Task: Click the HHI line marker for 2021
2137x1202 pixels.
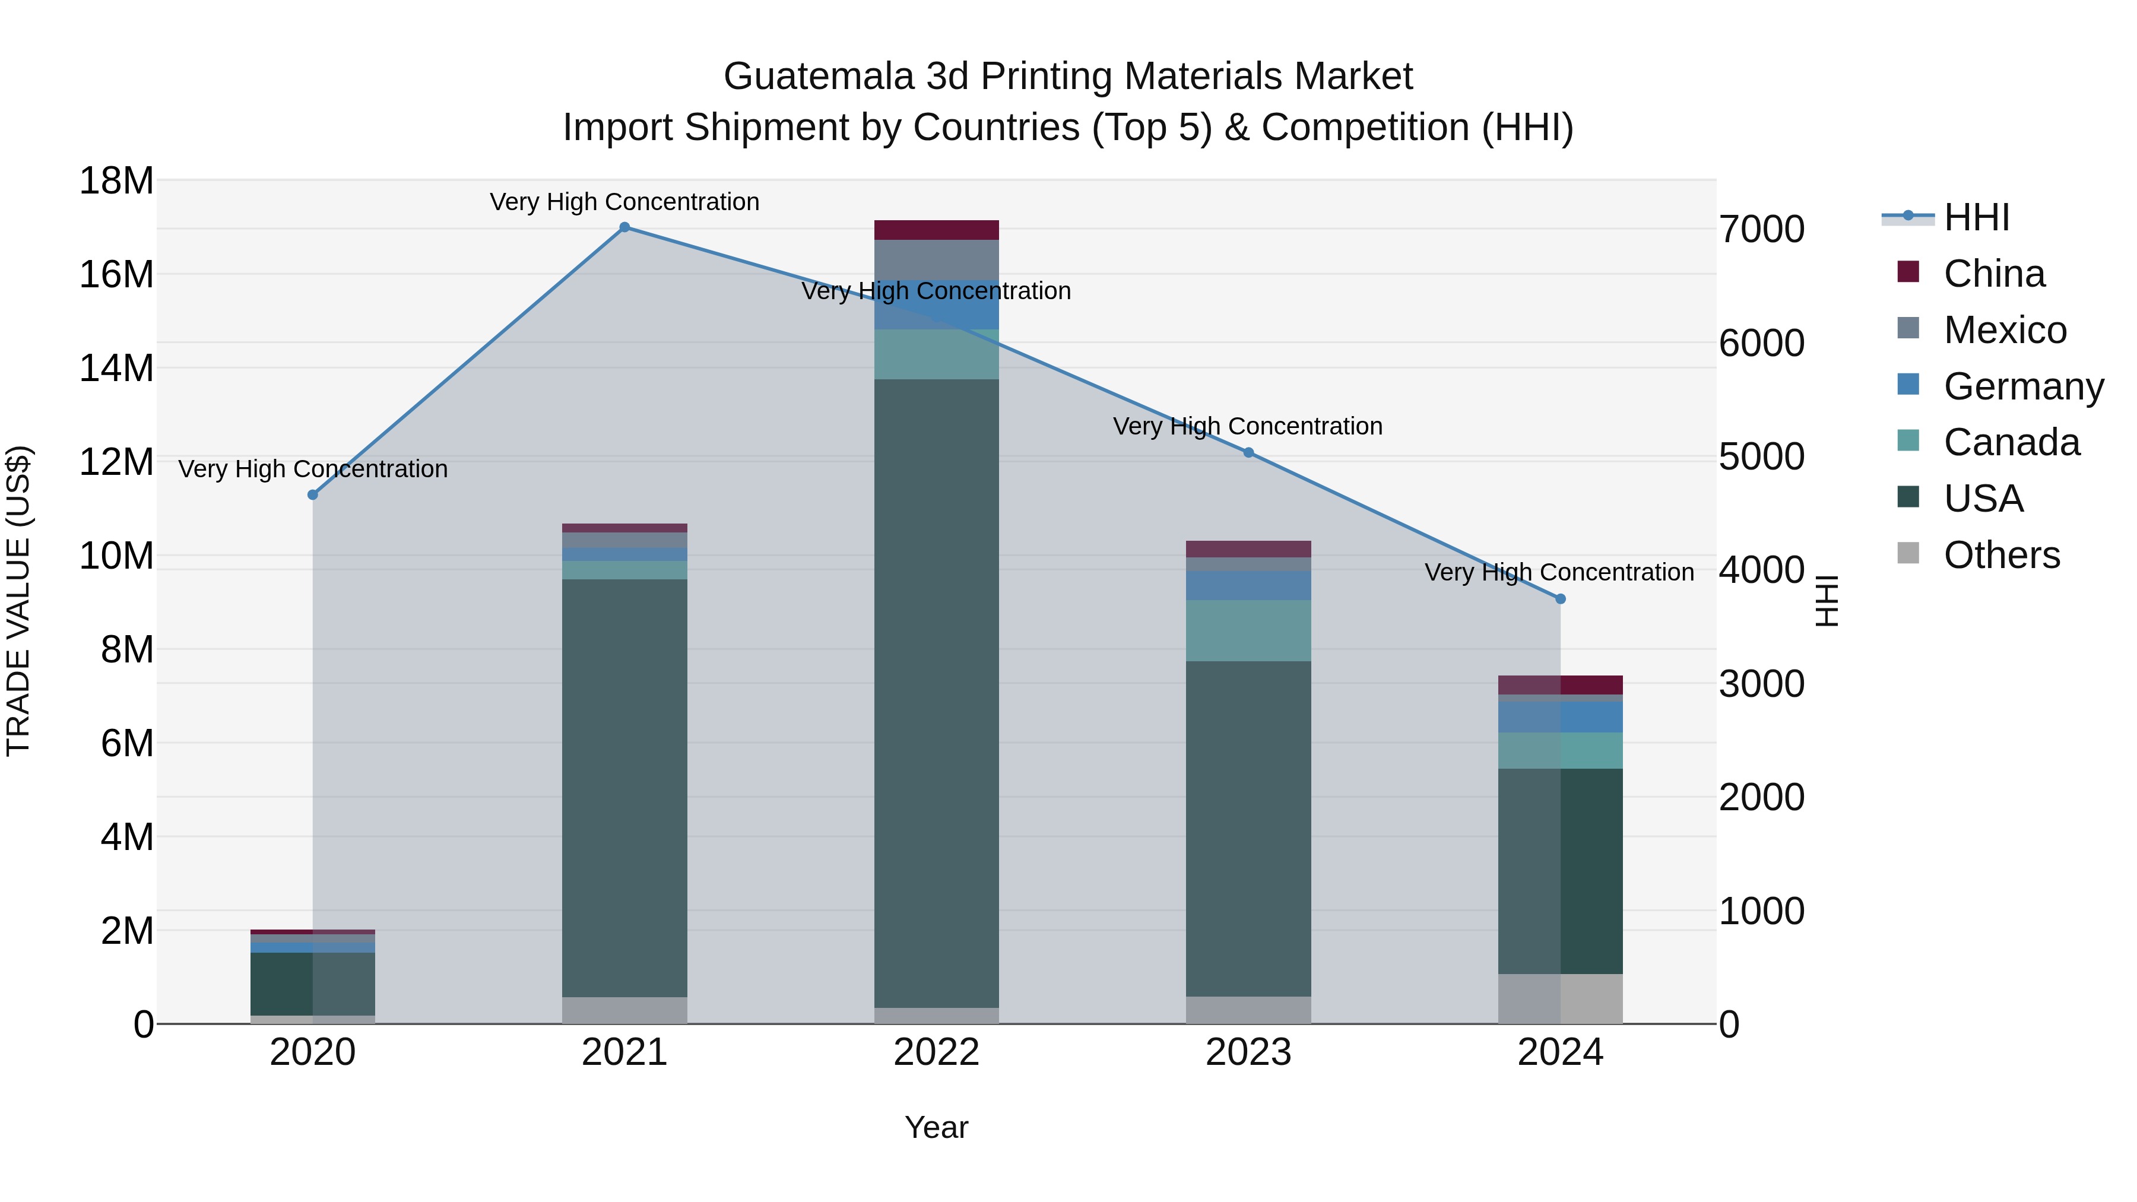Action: click(624, 227)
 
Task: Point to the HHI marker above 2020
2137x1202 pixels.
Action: click(313, 495)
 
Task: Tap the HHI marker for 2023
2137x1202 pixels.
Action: click(1248, 453)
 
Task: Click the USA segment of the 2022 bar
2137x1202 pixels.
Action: click(937, 693)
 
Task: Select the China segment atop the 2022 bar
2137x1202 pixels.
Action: click(937, 230)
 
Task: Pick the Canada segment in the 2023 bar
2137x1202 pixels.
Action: click(1248, 630)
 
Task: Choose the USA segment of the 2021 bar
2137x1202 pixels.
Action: click(624, 788)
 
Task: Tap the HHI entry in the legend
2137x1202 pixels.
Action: click(1976, 217)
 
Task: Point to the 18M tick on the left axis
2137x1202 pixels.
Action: click(116, 181)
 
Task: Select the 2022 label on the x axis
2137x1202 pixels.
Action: click(937, 1052)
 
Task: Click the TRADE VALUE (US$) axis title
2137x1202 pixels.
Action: click(18, 601)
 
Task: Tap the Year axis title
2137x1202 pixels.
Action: click(937, 1127)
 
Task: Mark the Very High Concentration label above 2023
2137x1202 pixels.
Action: click(1248, 426)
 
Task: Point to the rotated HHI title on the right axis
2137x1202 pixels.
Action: click(1827, 601)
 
